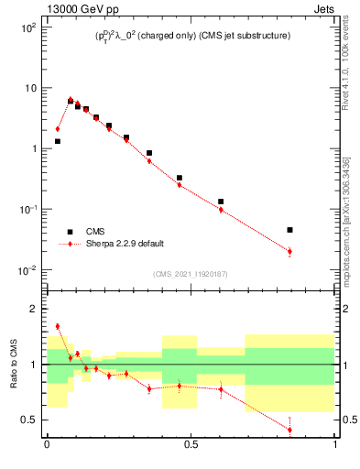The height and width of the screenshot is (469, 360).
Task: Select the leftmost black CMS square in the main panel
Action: point(57,141)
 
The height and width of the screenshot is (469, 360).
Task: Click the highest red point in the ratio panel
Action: point(57,326)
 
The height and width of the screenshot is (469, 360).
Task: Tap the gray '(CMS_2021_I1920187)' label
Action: point(191,274)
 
